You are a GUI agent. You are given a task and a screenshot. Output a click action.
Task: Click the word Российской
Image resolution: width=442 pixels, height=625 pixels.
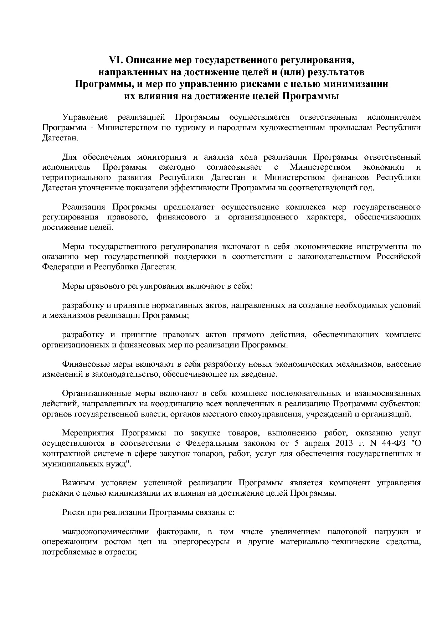click(399, 257)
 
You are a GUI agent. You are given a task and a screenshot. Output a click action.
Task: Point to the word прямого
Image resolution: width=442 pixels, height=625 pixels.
click(253, 335)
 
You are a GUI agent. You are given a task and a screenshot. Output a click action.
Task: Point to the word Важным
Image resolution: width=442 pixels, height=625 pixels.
click(78, 483)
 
